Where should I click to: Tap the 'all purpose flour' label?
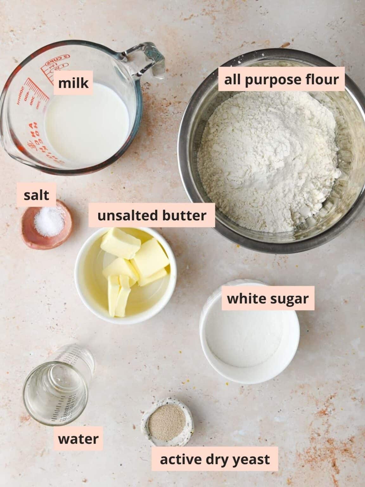[x=281, y=79]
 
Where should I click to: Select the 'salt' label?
[x=37, y=195]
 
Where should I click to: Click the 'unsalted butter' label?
[x=152, y=216]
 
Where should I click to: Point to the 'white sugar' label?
[x=268, y=298]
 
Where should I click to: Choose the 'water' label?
[x=78, y=439]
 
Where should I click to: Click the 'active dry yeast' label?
[x=215, y=459]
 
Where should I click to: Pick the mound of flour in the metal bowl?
[x=269, y=159]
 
